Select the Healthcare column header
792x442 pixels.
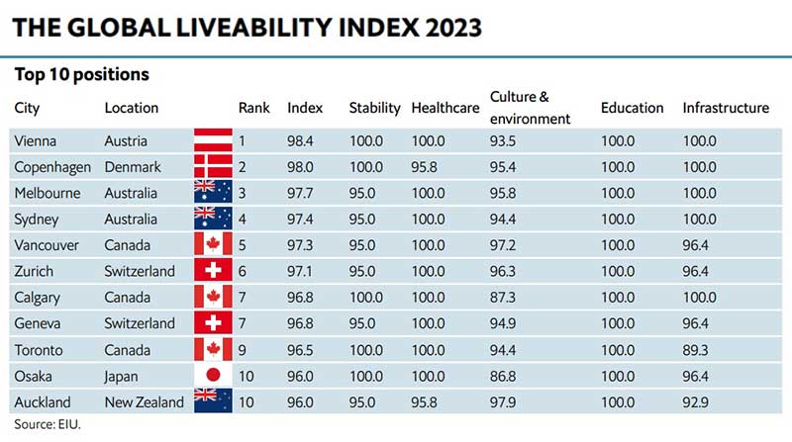pyautogui.click(x=445, y=108)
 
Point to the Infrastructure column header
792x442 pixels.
pyautogui.click(x=725, y=108)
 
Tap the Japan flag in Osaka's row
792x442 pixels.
pyautogui.click(x=212, y=376)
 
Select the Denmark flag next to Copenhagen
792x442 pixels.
pyautogui.click(x=212, y=166)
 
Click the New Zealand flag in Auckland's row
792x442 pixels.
pyautogui.click(x=212, y=401)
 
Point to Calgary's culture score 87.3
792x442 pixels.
pyautogui.click(x=505, y=297)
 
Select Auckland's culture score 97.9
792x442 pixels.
pyautogui.click(x=505, y=401)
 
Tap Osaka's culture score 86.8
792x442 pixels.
pyautogui.click(x=505, y=376)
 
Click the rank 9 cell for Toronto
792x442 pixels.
pyautogui.click(x=243, y=349)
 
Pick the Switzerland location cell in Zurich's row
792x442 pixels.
pyautogui.click(x=140, y=271)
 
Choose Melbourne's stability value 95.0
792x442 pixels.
pyautogui.click(x=365, y=192)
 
